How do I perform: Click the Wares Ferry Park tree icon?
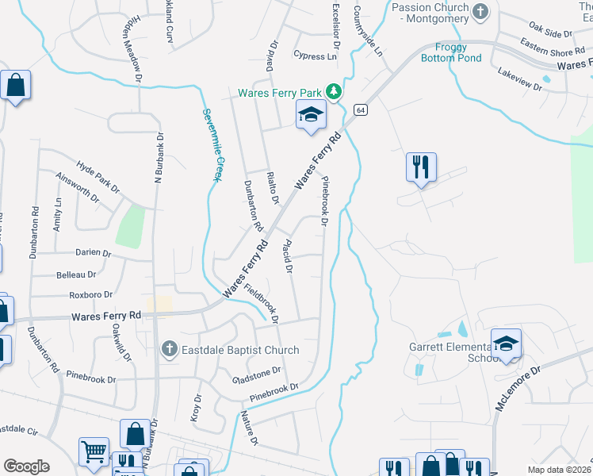(335, 92)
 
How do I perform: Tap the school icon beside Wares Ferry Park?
(311, 115)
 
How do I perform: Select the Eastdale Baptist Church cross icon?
(168, 349)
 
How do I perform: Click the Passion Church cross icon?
(479, 11)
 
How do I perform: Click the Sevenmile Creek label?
(210, 145)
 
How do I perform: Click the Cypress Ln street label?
(315, 56)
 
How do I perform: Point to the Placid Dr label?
(286, 259)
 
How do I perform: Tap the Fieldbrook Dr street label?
(262, 304)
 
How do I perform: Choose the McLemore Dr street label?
(518, 388)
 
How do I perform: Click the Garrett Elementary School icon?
(506, 344)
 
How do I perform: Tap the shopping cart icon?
(94, 451)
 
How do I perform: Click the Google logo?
(26, 466)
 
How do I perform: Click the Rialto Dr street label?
(274, 188)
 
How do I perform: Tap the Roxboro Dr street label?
(91, 294)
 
